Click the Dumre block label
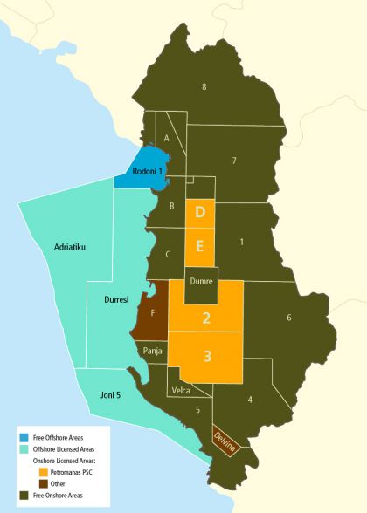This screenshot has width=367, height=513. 200,281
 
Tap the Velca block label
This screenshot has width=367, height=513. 182,391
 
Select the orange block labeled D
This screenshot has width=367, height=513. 200,212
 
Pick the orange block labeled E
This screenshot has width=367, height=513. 200,246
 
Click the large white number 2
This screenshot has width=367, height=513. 206,318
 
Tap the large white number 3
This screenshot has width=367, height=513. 206,356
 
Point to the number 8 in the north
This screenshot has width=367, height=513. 204,86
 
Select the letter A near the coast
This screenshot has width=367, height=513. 166,138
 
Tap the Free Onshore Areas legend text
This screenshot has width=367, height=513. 62,495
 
